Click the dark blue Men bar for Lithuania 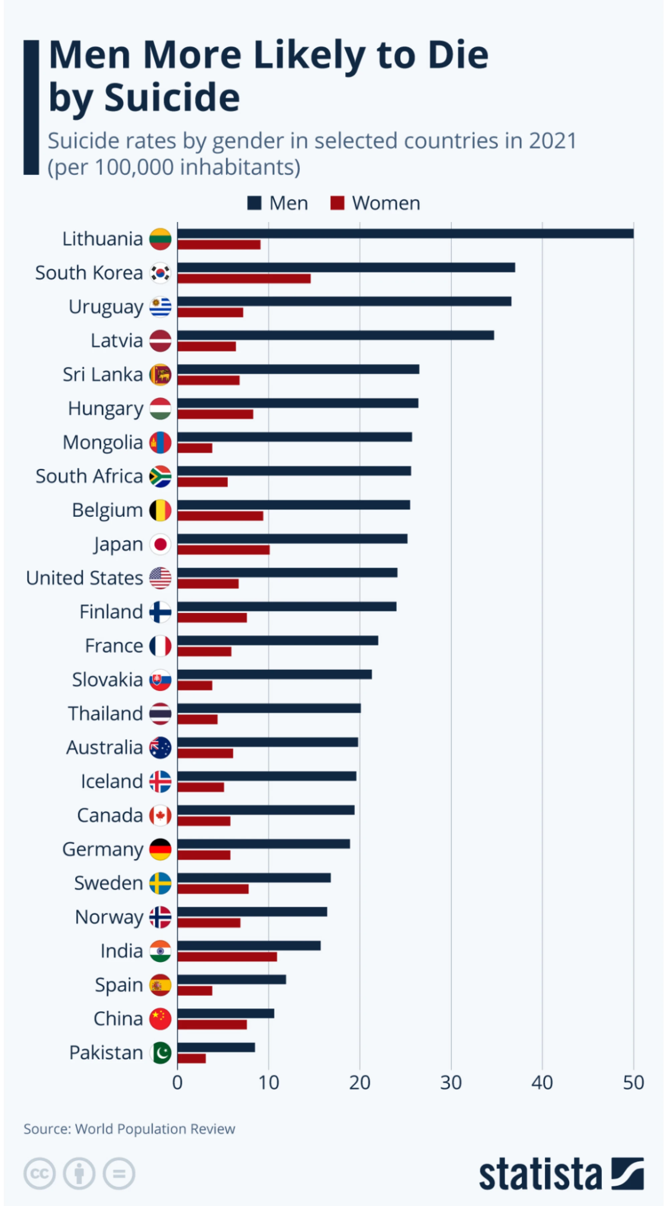[x=405, y=233]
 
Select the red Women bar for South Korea [x=244, y=279]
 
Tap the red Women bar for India [x=227, y=957]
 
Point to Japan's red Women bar [x=224, y=550]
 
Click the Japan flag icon [x=160, y=544]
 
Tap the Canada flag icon [x=160, y=816]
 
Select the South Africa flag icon [x=160, y=477]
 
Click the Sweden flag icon [x=160, y=883]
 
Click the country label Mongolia [x=103, y=443]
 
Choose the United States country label [x=84, y=578]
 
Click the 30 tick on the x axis [x=451, y=1083]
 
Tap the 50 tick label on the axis [x=633, y=1083]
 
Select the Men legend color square [x=254, y=203]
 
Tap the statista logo [x=561, y=1174]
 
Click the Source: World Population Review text [x=129, y=1129]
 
